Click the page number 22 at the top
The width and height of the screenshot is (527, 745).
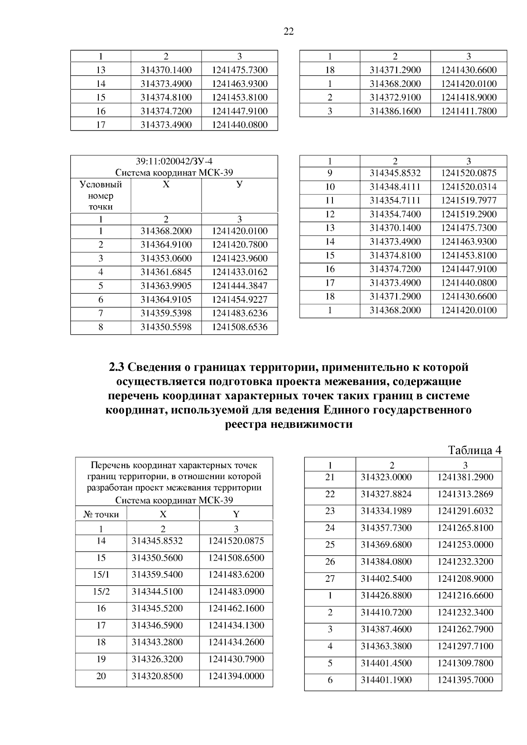click(x=289, y=31)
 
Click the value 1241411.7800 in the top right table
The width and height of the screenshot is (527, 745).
click(x=469, y=111)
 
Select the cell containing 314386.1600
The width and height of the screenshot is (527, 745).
click(x=395, y=111)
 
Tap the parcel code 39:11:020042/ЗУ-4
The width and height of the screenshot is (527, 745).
click(x=174, y=161)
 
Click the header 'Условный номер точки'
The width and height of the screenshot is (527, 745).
click(x=101, y=195)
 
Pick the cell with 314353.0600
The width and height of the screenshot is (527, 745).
click(x=166, y=258)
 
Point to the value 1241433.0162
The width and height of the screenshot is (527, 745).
click(x=239, y=272)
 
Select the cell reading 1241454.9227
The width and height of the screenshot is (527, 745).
click(x=239, y=300)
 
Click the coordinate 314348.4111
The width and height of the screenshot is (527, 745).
click(x=395, y=187)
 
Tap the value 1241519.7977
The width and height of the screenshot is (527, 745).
click(x=469, y=201)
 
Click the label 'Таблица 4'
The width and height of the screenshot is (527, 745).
click(x=474, y=450)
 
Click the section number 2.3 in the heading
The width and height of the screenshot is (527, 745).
click(x=117, y=367)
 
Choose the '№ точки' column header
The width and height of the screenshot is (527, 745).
click(x=101, y=514)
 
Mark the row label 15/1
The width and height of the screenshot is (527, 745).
click(x=101, y=575)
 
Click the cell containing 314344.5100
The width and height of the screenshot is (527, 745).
click(x=157, y=591)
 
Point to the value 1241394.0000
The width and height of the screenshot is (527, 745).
click(x=236, y=676)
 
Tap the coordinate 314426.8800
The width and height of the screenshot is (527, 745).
click(x=386, y=595)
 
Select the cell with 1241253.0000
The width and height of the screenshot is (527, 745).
click(x=465, y=544)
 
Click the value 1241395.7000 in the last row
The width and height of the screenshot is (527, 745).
click(x=465, y=680)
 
